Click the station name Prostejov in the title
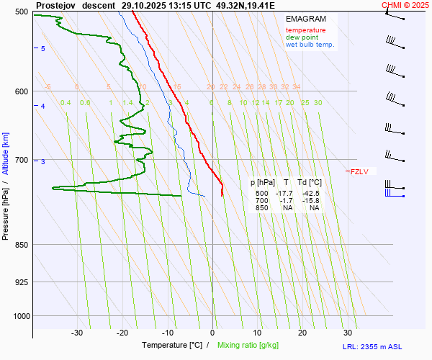pos(55,4)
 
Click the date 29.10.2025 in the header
pos(143,4)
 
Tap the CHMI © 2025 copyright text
pos(405,4)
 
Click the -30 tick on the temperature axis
pos(77,333)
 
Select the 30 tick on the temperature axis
pos(348,333)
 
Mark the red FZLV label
pos(359,171)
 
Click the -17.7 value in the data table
pos(284,194)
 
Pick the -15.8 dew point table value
pos(311,201)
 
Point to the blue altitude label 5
pos(42,48)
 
